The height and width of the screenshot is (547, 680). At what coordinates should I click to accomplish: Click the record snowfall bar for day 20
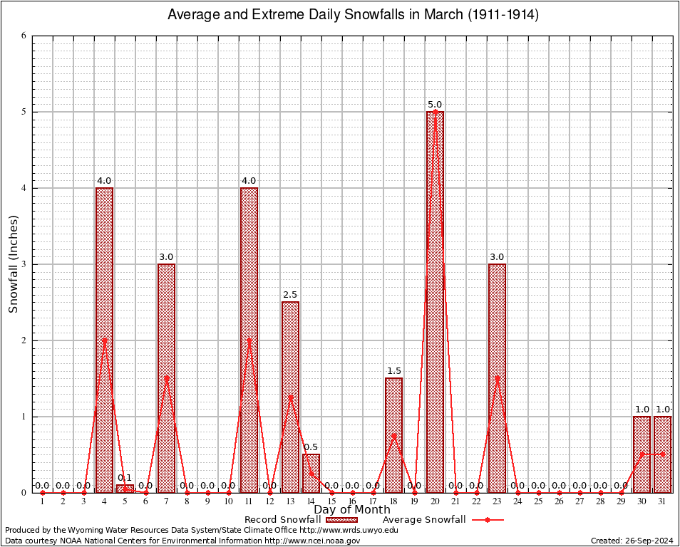pyautogui.click(x=435, y=302)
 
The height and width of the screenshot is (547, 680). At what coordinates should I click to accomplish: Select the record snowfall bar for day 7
pyautogui.click(x=166, y=378)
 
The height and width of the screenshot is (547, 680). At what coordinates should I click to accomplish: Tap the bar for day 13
pyautogui.click(x=290, y=397)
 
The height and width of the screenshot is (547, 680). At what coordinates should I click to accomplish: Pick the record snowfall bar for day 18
pyautogui.click(x=393, y=435)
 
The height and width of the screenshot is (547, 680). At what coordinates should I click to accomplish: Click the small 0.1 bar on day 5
pyautogui.click(x=125, y=489)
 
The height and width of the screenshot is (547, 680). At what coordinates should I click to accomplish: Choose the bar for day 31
pyautogui.click(x=662, y=454)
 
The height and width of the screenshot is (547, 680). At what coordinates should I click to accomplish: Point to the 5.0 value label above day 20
pyautogui.click(x=435, y=105)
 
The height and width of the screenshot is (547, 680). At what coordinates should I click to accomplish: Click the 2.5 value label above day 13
pyautogui.click(x=290, y=295)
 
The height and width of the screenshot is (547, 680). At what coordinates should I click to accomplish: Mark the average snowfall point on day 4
pyautogui.click(x=105, y=340)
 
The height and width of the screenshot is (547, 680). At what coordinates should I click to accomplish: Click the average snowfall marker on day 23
pyautogui.click(x=497, y=378)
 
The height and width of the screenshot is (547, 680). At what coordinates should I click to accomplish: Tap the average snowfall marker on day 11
pyautogui.click(x=249, y=340)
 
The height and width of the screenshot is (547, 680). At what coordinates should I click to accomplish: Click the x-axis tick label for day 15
pyautogui.click(x=331, y=501)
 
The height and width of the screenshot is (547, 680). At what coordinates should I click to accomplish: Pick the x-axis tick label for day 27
pyautogui.click(x=579, y=501)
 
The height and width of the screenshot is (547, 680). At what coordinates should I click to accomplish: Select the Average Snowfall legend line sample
pyautogui.click(x=487, y=520)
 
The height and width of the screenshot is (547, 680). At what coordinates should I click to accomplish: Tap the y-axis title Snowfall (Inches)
pyautogui.click(x=13, y=264)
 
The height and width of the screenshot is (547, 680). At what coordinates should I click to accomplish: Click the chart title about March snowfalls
pyautogui.click(x=352, y=15)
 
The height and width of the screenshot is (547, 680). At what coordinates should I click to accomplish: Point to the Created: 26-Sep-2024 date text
pyautogui.click(x=632, y=541)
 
